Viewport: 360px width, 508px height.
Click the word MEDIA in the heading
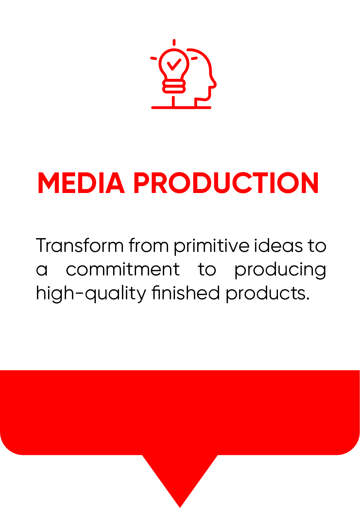coord(81,183)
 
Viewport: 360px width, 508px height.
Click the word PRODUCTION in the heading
coord(226,183)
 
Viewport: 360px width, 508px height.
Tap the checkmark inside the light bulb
coord(174,64)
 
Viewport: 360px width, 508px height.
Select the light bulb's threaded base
coord(174,86)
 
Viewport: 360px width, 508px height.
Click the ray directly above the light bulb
coord(174,43)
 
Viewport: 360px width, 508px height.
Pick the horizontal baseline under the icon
coord(181,108)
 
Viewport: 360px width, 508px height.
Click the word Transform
coord(79,245)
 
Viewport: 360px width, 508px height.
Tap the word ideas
coord(278,245)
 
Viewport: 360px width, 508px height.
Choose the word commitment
coord(123,269)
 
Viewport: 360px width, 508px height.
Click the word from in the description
coord(149,245)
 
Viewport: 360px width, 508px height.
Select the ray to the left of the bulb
coord(154,58)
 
